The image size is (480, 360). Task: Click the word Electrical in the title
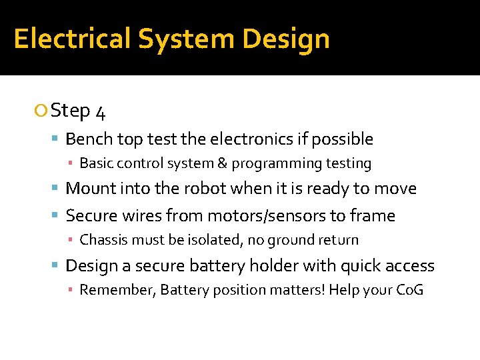click(x=72, y=39)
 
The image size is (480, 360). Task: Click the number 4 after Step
click(x=100, y=111)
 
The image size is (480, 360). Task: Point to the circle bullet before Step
click(x=43, y=111)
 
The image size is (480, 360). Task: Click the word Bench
click(x=89, y=139)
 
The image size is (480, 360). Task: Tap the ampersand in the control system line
click(x=222, y=163)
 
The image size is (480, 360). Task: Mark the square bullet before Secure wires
click(x=57, y=215)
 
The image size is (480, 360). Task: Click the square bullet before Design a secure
click(x=57, y=266)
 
